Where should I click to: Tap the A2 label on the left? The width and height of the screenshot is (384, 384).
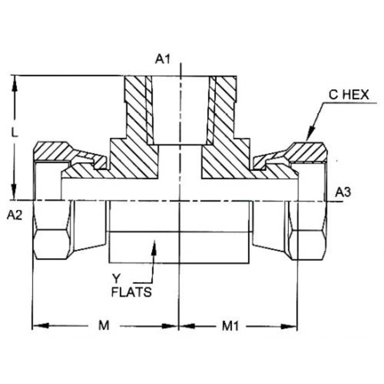coord(15,215)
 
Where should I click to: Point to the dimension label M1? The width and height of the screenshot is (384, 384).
coord(230,326)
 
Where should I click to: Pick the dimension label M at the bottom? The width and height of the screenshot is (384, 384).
coord(103,326)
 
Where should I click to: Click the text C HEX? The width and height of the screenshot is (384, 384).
coord(348,95)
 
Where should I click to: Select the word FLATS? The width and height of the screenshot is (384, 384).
coord(132,292)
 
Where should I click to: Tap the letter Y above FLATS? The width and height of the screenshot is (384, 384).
coord(116,278)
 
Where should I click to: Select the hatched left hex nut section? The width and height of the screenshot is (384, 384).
coord(53,151)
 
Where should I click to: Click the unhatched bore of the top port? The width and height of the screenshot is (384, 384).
coord(180,110)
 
